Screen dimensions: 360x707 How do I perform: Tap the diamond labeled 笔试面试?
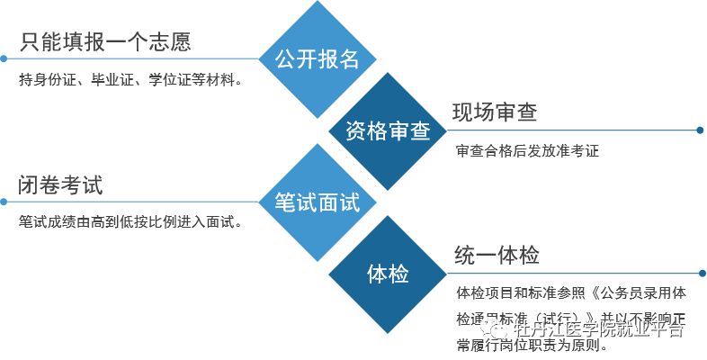(x=316, y=202)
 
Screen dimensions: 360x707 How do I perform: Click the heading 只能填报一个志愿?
(x=105, y=41)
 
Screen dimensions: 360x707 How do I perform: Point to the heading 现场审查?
(x=494, y=112)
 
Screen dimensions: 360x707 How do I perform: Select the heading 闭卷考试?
(x=61, y=185)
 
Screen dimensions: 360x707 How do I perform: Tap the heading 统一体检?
(x=497, y=256)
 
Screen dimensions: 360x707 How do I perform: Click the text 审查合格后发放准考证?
(x=527, y=151)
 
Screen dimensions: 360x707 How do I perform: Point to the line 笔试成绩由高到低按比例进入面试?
(x=131, y=222)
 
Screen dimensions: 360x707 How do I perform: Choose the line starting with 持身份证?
(x=131, y=80)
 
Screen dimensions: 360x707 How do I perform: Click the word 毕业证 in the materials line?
(x=111, y=80)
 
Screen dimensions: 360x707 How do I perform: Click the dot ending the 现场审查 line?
(x=700, y=130)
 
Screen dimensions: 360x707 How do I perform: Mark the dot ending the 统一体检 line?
(x=701, y=273)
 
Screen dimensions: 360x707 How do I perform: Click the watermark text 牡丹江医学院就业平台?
(x=612, y=329)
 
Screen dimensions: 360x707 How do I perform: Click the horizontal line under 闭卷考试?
(x=135, y=202)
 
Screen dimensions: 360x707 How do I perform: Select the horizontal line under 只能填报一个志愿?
(x=135, y=58)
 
